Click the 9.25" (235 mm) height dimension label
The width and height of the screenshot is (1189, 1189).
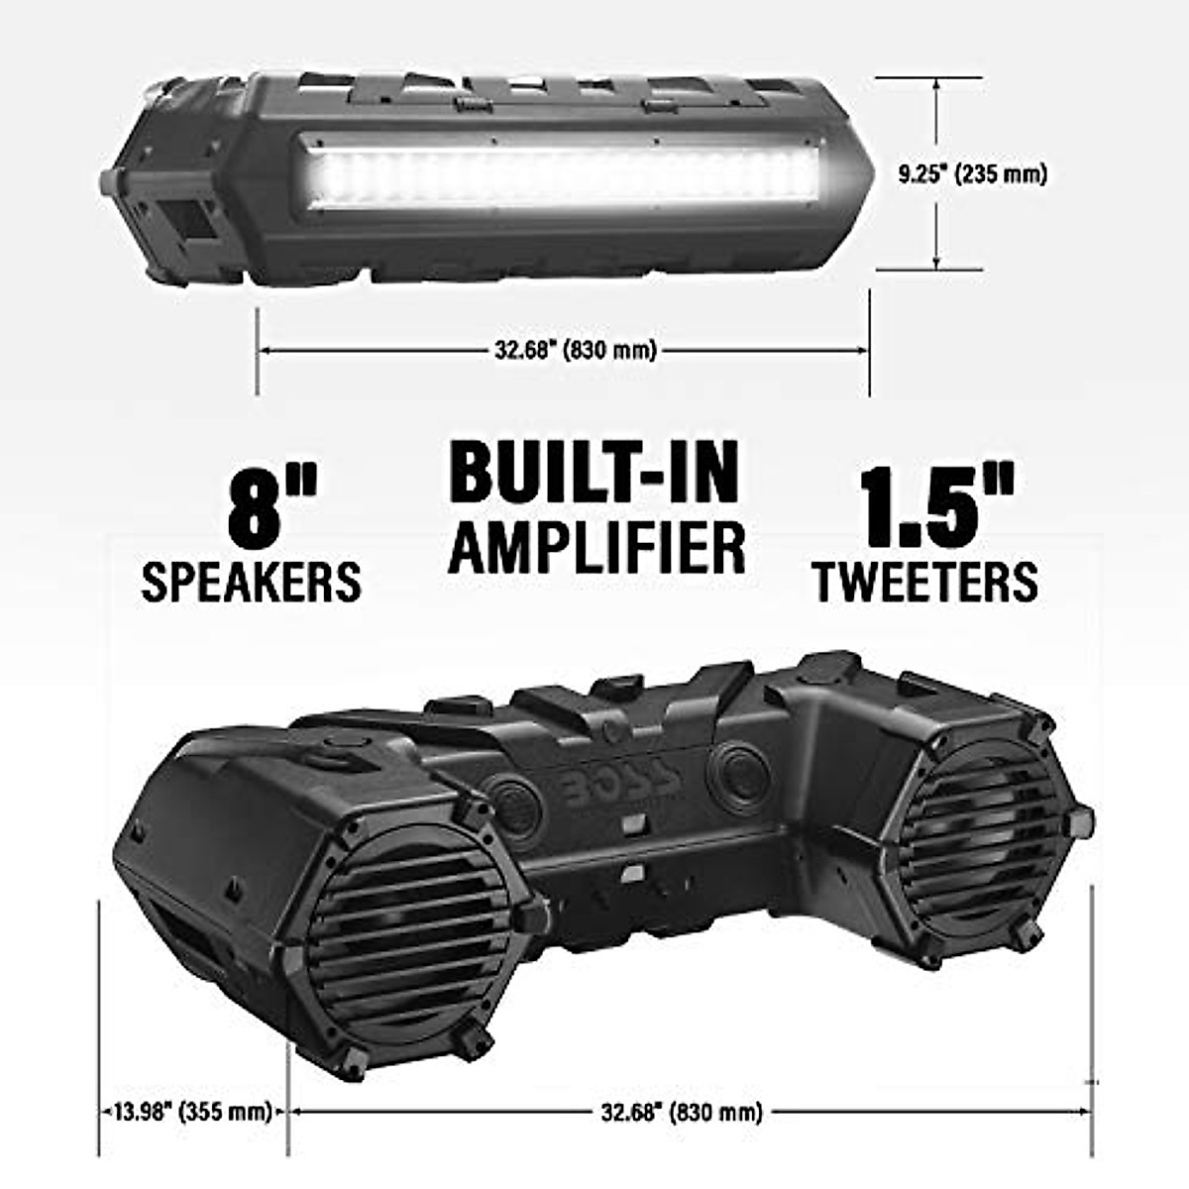(x=972, y=174)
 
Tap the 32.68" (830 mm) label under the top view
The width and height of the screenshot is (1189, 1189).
(x=575, y=350)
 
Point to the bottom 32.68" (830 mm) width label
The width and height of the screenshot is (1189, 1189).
(x=682, y=1112)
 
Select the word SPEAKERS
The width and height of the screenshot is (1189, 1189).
(x=251, y=582)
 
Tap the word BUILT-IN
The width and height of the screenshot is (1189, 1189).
(x=594, y=474)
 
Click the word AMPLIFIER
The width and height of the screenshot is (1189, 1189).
(x=596, y=547)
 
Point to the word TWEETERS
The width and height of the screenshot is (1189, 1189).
(x=925, y=581)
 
